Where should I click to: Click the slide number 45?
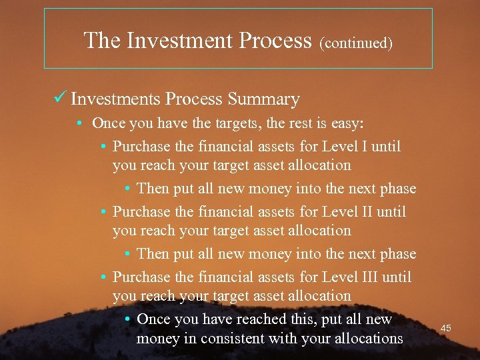coord(446,328)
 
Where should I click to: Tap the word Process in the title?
coord(275,41)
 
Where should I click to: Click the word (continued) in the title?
coord(356,43)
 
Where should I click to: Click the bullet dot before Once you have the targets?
coord(79,123)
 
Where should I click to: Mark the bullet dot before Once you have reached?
coord(127,319)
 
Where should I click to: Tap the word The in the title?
coord(102,41)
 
